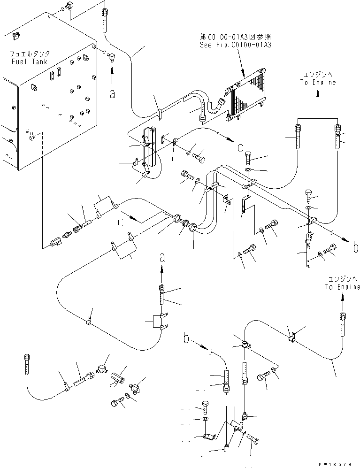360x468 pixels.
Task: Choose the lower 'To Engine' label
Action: coord(342,287)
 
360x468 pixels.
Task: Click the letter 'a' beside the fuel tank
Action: coord(112,94)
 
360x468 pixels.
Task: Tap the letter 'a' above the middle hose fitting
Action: coord(162,257)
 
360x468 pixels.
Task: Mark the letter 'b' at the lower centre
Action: coord(186,337)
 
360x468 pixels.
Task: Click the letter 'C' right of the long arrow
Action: coord(240,149)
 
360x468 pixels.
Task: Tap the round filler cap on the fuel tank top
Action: coord(15,35)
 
